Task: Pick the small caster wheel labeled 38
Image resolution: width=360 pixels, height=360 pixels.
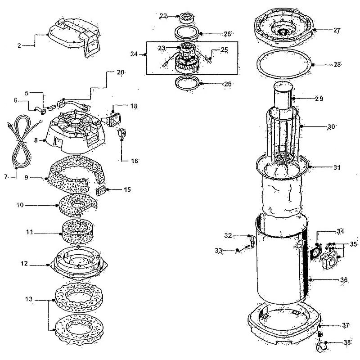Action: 322,347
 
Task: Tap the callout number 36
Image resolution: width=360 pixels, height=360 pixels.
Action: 343,280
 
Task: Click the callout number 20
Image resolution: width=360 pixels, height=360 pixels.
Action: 120,72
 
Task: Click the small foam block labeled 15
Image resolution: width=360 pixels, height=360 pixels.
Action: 103,190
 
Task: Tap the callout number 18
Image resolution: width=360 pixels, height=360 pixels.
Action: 134,106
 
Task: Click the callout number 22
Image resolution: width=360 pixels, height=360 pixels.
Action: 163,16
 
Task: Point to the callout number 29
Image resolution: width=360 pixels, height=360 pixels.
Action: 319,98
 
